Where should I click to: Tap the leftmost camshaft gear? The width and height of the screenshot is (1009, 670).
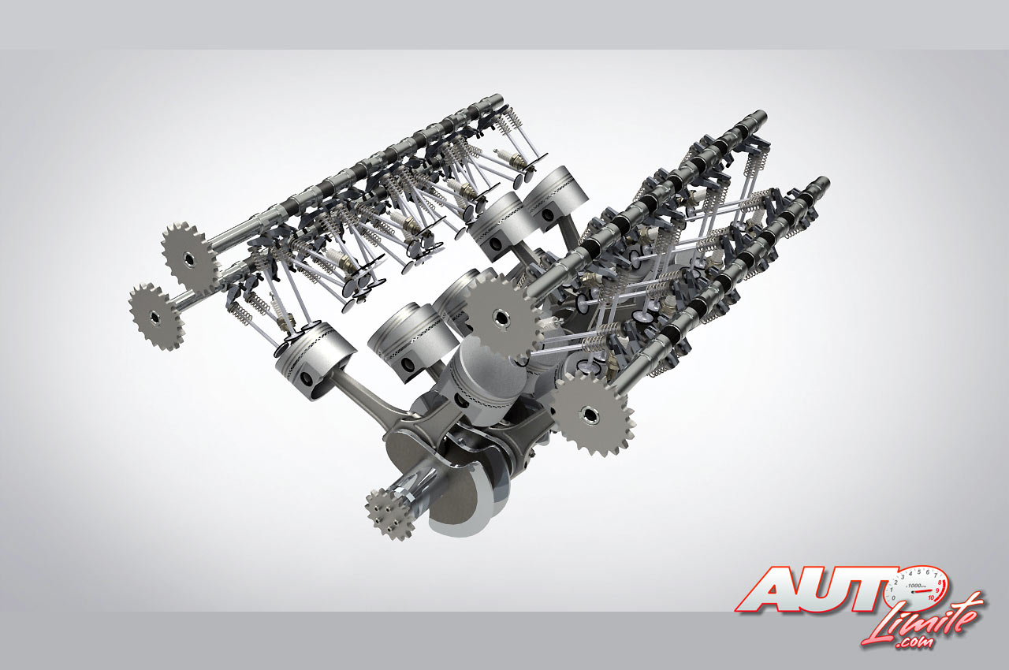[x=156, y=317]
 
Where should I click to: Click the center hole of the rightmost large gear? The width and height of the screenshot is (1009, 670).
[x=589, y=415]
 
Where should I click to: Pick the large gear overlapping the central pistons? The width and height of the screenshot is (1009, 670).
[x=501, y=317]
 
